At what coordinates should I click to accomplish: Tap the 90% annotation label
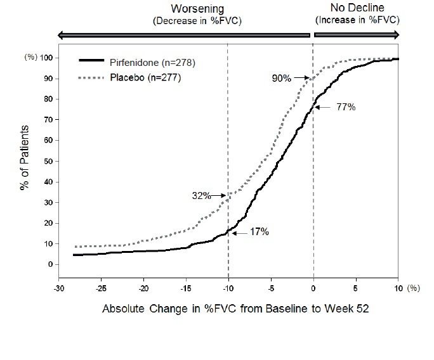pyautogui.click(x=282, y=79)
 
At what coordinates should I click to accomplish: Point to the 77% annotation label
pyautogui.click(x=346, y=107)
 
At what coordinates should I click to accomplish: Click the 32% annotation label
pyautogui.click(x=202, y=196)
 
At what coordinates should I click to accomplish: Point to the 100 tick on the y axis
pyautogui.click(x=45, y=58)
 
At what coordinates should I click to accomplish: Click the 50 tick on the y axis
pyautogui.click(x=47, y=161)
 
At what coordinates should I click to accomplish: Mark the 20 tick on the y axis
pyautogui.click(x=47, y=223)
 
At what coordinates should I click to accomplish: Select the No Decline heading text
pyautogui.click(x=357, y=8)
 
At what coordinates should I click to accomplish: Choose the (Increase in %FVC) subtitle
pyautogui.click(x=357, y=20)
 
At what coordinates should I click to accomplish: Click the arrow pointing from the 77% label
pyautogui.click(x=325, y=108)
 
